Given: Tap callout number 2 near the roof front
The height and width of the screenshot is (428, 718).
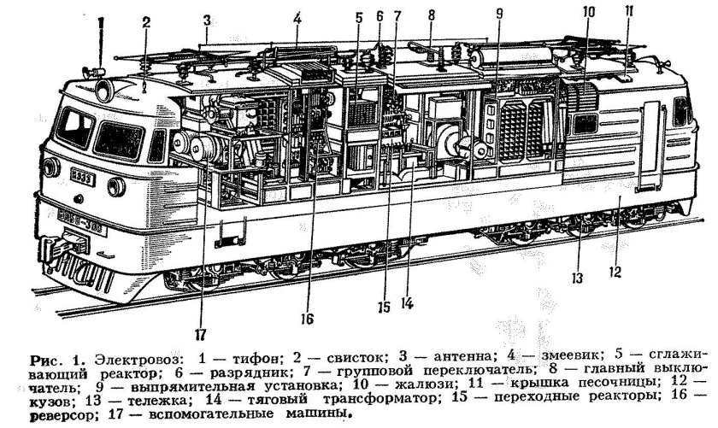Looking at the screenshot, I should [146, 22].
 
